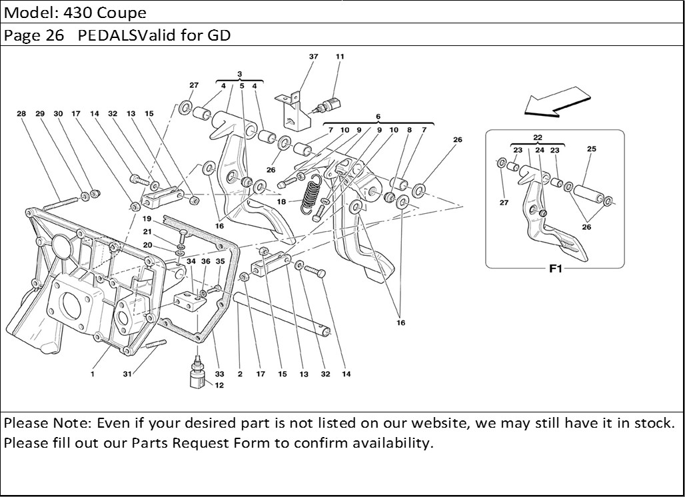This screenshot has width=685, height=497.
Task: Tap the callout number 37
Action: (313, 57)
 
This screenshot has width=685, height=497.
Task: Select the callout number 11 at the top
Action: (340, 57)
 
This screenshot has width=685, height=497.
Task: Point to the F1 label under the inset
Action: (556, 270)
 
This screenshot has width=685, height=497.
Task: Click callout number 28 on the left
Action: (21, 114)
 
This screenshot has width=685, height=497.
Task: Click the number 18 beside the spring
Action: (282, 201)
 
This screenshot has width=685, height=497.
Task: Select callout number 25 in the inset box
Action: (591, 149)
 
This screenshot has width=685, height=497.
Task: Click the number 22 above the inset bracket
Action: (537, 137)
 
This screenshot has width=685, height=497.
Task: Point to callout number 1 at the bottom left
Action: (93, 374)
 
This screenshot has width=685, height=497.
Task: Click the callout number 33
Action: (219, 374)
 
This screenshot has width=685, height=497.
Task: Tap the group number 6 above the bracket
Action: (378, 116)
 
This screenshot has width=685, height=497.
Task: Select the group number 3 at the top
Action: (239, 73)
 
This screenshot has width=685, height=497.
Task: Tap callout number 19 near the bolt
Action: (147, 219)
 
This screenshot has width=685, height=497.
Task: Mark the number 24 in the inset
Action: (540, 151)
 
